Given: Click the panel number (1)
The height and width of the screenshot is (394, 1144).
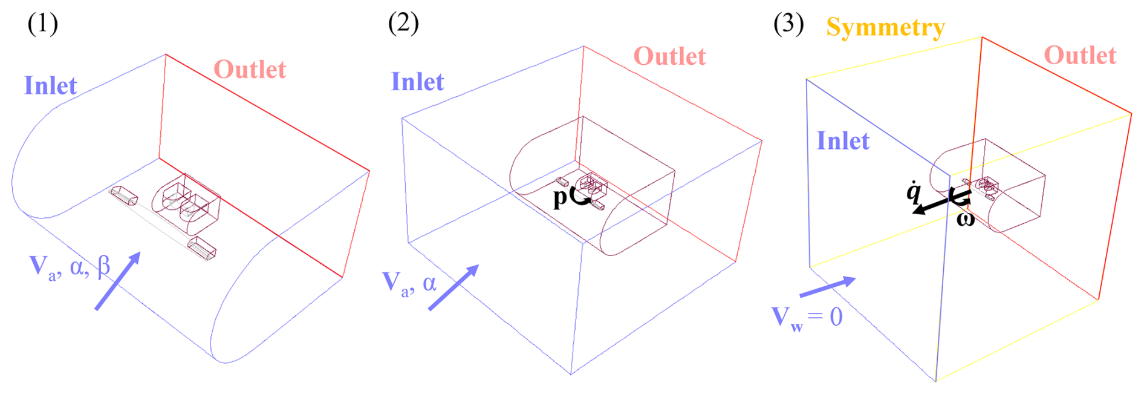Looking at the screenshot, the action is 42,24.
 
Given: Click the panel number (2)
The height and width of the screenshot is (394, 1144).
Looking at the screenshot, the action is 403,24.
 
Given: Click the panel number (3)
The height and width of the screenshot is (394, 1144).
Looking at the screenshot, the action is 788,24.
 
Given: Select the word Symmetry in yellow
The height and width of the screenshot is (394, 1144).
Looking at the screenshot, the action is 885,28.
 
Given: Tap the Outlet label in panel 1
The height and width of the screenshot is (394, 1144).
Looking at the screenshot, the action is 250,70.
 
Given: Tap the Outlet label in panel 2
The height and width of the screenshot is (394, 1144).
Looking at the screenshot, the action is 669,56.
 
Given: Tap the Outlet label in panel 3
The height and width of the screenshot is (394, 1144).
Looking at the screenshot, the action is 1080,55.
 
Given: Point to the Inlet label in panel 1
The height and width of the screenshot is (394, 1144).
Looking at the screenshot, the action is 50,85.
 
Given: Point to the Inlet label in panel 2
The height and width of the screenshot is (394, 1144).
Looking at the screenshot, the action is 417,82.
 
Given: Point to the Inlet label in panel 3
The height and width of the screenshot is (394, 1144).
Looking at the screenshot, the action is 843,140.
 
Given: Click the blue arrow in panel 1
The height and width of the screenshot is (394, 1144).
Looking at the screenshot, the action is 118,281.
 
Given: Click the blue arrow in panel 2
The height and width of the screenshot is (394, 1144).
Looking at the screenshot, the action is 453,287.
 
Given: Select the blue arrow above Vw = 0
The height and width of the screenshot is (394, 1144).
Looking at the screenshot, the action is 828,287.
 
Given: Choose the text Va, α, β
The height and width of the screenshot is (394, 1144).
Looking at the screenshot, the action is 70,268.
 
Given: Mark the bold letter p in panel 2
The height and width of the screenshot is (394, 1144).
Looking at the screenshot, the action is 561,197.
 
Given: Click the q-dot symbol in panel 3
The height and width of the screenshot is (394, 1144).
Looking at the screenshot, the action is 913,191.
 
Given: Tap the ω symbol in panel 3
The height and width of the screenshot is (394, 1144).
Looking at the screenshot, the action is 965,219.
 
